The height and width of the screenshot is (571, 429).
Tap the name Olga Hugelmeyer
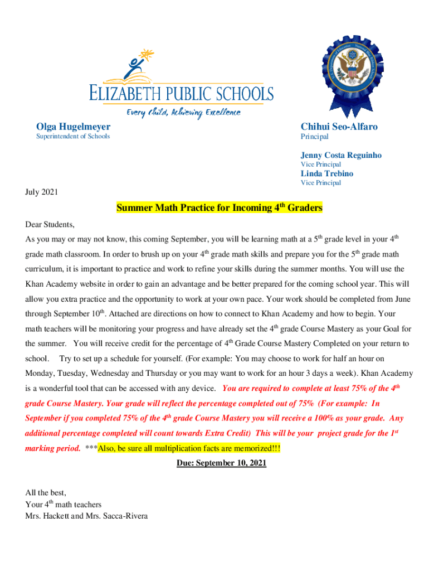pos(73,127)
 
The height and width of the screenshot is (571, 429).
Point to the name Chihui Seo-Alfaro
pos(339,127)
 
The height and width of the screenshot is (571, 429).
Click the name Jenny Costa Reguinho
pos(341,156)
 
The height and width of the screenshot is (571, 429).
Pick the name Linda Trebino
pos(326,173)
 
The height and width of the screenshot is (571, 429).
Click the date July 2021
pos(42,192)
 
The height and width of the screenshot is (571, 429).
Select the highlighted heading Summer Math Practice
pos(219,209)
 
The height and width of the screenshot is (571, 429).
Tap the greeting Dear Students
pos(50,225)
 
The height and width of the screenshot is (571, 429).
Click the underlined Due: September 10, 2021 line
pos(221,463)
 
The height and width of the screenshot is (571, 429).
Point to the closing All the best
pos(46,492)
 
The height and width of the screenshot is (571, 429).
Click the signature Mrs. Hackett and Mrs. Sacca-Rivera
pos(86,516)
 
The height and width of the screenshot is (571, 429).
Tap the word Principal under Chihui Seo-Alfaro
pos(315,137)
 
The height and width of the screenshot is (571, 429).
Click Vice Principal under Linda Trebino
pos(321,183)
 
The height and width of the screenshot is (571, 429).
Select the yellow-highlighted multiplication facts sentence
pos(189,448)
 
